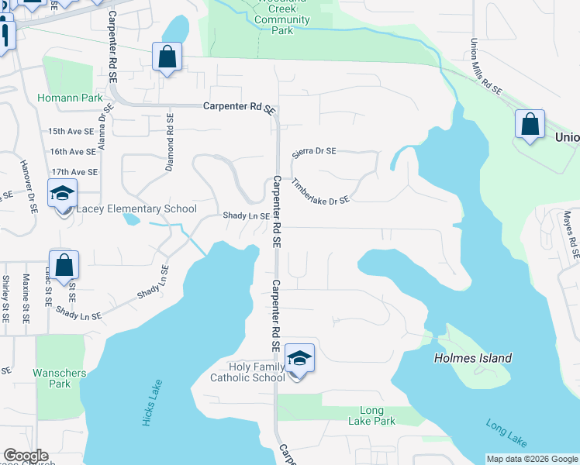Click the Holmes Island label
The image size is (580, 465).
[x=473, y=358]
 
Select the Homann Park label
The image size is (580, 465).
[x=58, y=98]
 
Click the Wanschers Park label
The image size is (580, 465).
[x=59, y=378]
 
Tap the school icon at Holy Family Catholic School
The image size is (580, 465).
[x=299, y=359]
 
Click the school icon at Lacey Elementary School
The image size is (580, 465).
[x=62, y=193]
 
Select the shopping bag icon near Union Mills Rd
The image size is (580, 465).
[x=530, y=124]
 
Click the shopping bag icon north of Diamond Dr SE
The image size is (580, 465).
[x=167, y=56]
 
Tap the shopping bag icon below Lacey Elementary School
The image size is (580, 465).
[x=64, y=265]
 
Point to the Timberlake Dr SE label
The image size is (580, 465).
[x=320, y=191]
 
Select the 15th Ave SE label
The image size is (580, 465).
[x=72, y=132]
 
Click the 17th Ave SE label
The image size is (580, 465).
[x=74, y=172]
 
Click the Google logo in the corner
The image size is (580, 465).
[x=26, y=456]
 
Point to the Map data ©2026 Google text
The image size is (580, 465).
[x=531, y=459]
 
